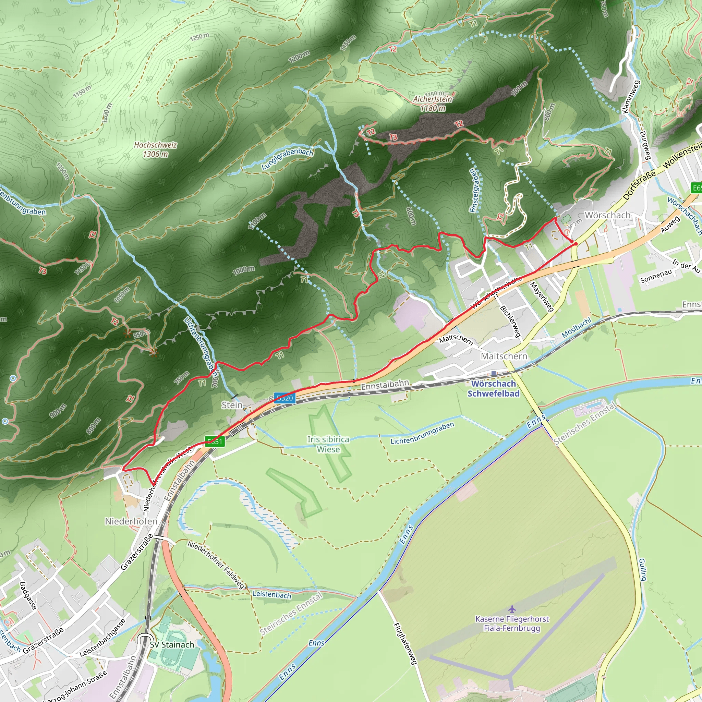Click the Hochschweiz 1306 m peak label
click(x=155, y=149)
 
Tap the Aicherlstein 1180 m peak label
click(x=433, y=103)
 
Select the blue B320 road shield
click(x=285, y=398)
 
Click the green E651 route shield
click(x=215, y=441)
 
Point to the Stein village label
click(x=232, y=405)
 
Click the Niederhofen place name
click(x=131, y=521)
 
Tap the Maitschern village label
click(x=504, y=356)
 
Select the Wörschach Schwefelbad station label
click(x=494, y=388)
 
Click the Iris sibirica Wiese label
click(x=328, y=444)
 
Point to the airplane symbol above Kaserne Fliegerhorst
click(x=512, y=609)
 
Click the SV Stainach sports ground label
click(x=172, y=645)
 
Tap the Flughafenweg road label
click(x=405, y=644)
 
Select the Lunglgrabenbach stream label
click(x=287, y=159)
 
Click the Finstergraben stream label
click(x=474, y=190)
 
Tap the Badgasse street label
click(x=28, y=596)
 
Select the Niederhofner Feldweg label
click(x=216, y=564)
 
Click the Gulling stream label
click(x=643, y=569)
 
